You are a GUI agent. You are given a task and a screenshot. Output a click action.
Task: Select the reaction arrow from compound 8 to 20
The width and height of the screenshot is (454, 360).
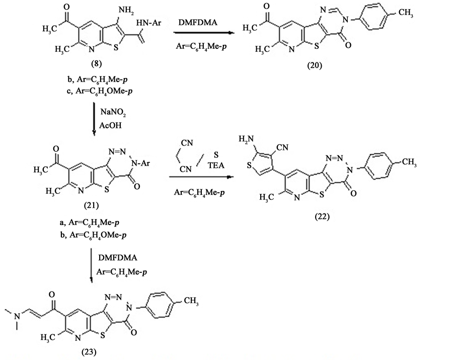204,33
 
